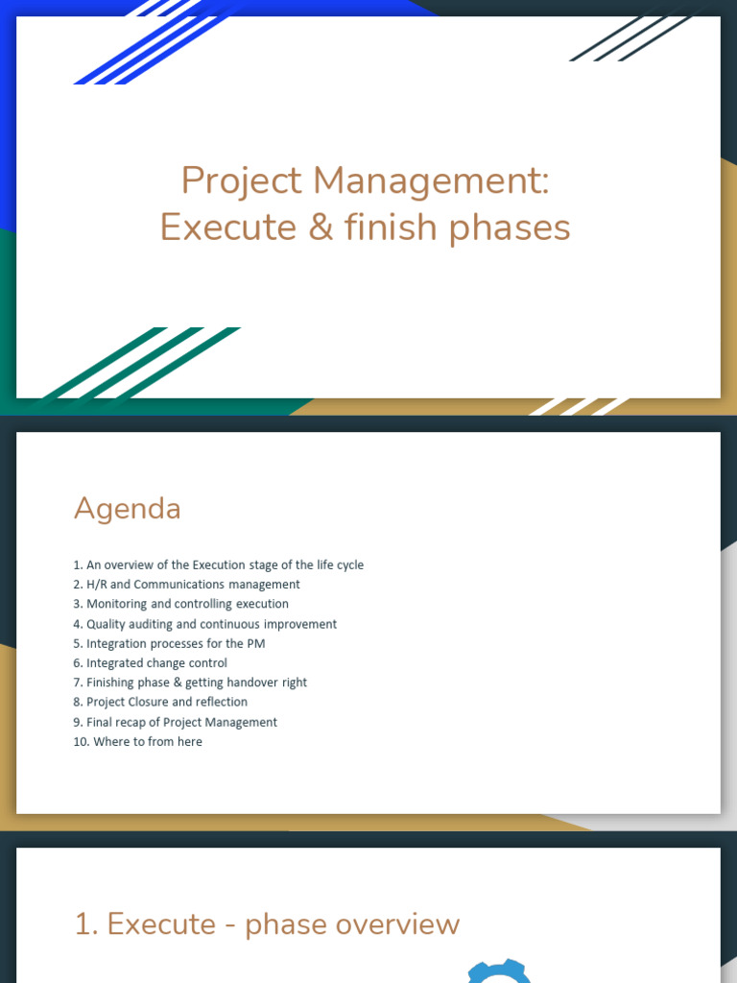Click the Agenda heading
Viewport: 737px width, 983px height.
click(127, 508)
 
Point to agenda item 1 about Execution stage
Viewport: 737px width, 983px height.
click(218, 564)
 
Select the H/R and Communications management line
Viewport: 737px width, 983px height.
click(186, 584)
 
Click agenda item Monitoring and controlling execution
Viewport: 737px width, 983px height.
click(180, 604)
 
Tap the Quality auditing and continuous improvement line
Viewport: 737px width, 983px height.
click(204, 624)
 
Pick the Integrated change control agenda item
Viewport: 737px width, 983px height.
click(150, 662)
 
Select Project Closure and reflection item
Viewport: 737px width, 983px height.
click(160, 702)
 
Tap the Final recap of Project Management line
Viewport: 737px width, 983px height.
click(175, 722)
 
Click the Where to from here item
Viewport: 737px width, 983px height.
click(137, 741)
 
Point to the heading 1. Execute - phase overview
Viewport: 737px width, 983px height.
click(267, 924)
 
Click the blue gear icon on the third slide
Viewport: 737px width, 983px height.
click(499, 971)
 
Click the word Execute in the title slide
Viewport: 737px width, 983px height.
click(215, 228)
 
